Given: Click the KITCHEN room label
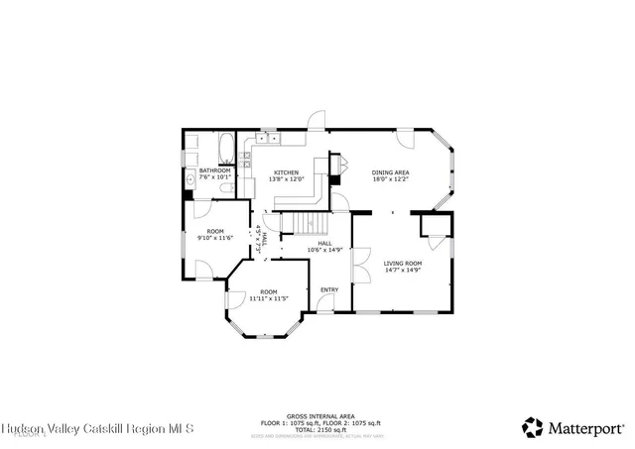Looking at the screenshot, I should click(286, 171).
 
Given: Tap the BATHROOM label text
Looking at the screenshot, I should click(214, 171).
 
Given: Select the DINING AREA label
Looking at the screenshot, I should click(391, 171).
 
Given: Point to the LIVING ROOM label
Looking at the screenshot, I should click(403, 263).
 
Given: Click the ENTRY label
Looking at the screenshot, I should click(329, 289).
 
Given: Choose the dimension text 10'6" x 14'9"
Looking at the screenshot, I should click(324, 250).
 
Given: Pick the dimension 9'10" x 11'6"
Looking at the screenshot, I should click(214, 238).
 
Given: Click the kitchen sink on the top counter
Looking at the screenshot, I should click(267, 138).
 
